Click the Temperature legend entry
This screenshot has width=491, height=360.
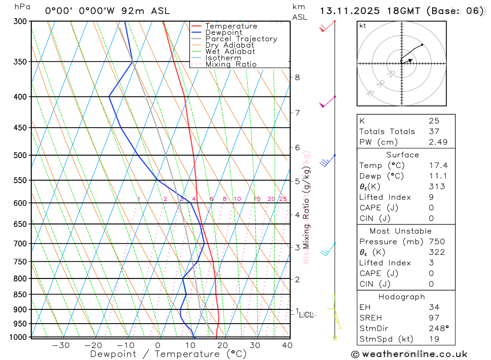click(x=231, y=26)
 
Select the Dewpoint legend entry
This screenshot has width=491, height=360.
click(x=223, y=32)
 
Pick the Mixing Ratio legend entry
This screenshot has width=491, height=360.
click(x=231, y=64)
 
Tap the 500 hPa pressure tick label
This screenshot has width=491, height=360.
click(x=20, y=155)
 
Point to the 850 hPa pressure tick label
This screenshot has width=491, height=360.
click(x=20, y=295)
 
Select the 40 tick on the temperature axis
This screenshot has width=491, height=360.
click(x=287, y=345)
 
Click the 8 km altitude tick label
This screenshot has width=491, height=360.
click(x=297, y=77)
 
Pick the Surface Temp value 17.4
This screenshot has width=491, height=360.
click(x=438, y=166)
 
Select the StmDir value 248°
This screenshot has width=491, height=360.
click(x=438, y=329)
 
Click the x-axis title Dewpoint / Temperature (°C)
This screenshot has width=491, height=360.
click(x=168, y=354)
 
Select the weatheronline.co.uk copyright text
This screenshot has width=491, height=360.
click(x=409, y=354)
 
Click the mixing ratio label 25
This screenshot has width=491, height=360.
click(x=283, y=199)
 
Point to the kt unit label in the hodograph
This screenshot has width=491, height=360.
click(x=363, y=26)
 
